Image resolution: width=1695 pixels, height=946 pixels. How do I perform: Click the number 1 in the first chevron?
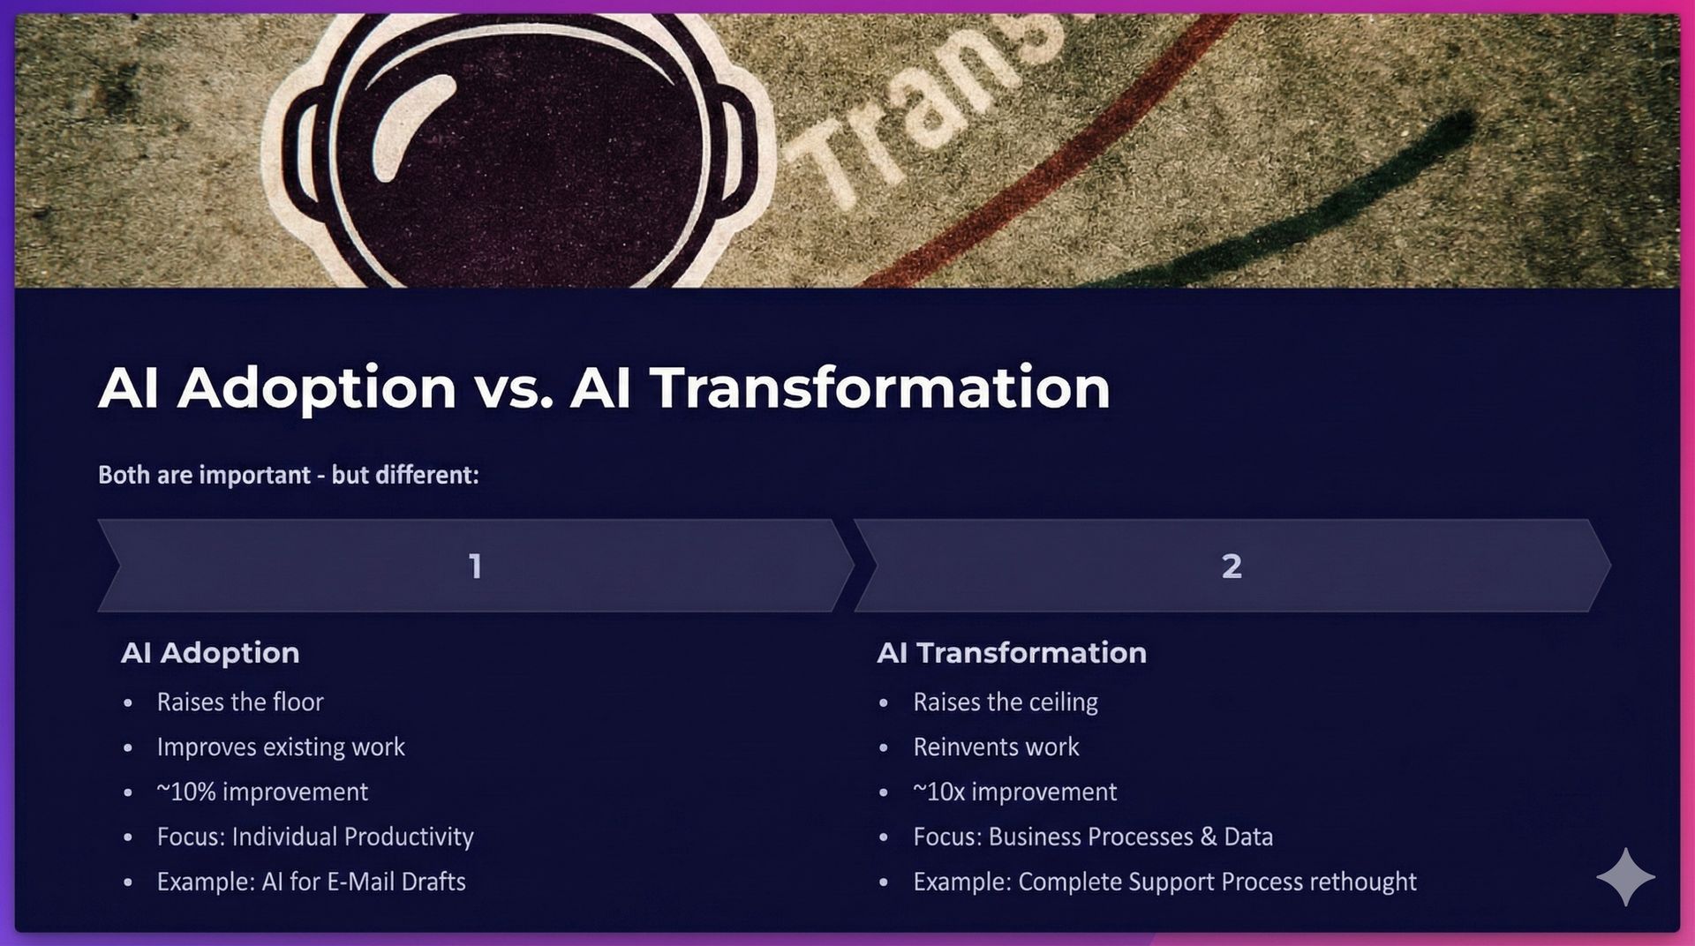coord(475,566)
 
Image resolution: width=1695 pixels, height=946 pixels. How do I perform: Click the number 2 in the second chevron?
coord(1232,566)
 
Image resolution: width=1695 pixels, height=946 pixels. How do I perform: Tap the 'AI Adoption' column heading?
coord(210,653)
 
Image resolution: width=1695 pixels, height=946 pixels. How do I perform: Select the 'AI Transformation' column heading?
coord(1012,653)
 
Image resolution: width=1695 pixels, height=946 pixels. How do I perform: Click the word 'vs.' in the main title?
coord(513,388)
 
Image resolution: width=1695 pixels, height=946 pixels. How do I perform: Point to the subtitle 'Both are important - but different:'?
coord(289,475)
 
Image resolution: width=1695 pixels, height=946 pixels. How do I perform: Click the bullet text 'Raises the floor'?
coord(240,702)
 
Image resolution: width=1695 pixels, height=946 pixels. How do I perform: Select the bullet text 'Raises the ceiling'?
coord(1006,702)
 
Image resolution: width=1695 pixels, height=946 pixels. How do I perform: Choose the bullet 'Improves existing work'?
coord(281,747)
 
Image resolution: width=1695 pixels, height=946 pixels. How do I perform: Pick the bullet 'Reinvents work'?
coord(996,747)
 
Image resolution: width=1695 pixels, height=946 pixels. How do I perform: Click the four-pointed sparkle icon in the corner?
coord(1625,876)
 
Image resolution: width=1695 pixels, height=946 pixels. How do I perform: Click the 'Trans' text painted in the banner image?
coord(918,115)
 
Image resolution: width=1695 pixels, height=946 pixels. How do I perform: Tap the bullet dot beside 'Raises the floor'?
coord(129,703)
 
